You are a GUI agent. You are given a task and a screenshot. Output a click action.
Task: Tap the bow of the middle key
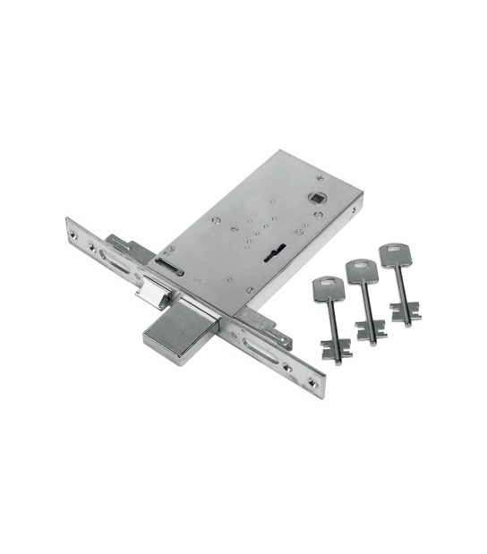click(x=360, y=270)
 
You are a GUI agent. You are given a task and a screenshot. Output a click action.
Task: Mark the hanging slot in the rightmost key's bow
click(x=391, y=248)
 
